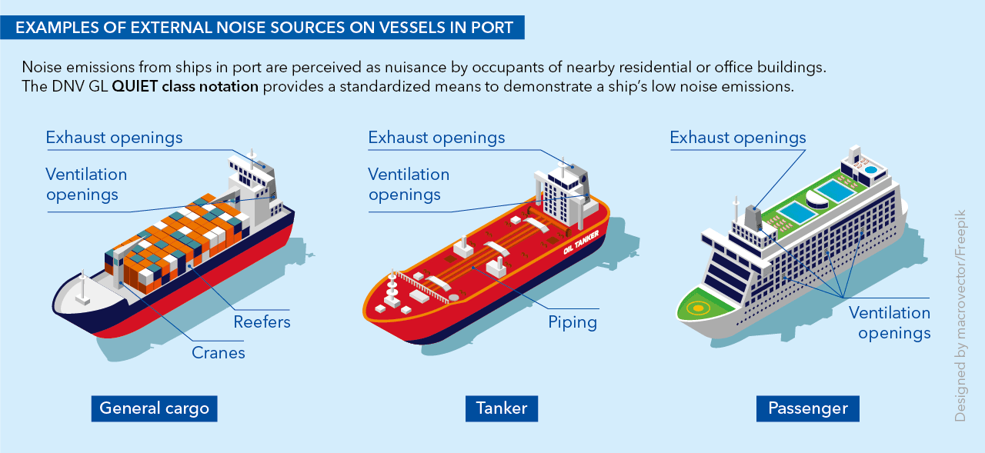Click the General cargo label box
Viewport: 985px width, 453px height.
click(x=154, y=408)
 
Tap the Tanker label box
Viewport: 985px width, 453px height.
click(x=501, y=408)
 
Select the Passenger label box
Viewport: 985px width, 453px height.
click(x=807, y=408)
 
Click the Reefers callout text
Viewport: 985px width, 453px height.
click(x=262, y=321)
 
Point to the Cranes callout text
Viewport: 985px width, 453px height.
click(x=218, y=353)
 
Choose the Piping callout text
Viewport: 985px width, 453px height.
click(x=573, y=321)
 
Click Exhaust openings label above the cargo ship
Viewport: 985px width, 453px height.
click(x=114, y=138)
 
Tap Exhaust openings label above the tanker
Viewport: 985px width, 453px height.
click(x=436, y=138)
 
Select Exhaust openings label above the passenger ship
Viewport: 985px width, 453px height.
click(x=737, y=138)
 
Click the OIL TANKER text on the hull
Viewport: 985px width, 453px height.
click(x=580, y=245)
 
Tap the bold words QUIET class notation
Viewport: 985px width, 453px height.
click(x=185, y=86)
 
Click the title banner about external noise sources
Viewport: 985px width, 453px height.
click(x=264, y=28)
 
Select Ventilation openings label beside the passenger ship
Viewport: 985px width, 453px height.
click(x=890, y=322)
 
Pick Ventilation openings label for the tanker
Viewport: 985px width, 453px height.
click(x=409, y=185)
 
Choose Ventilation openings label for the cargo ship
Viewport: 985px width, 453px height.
click(x=86, y=185)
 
